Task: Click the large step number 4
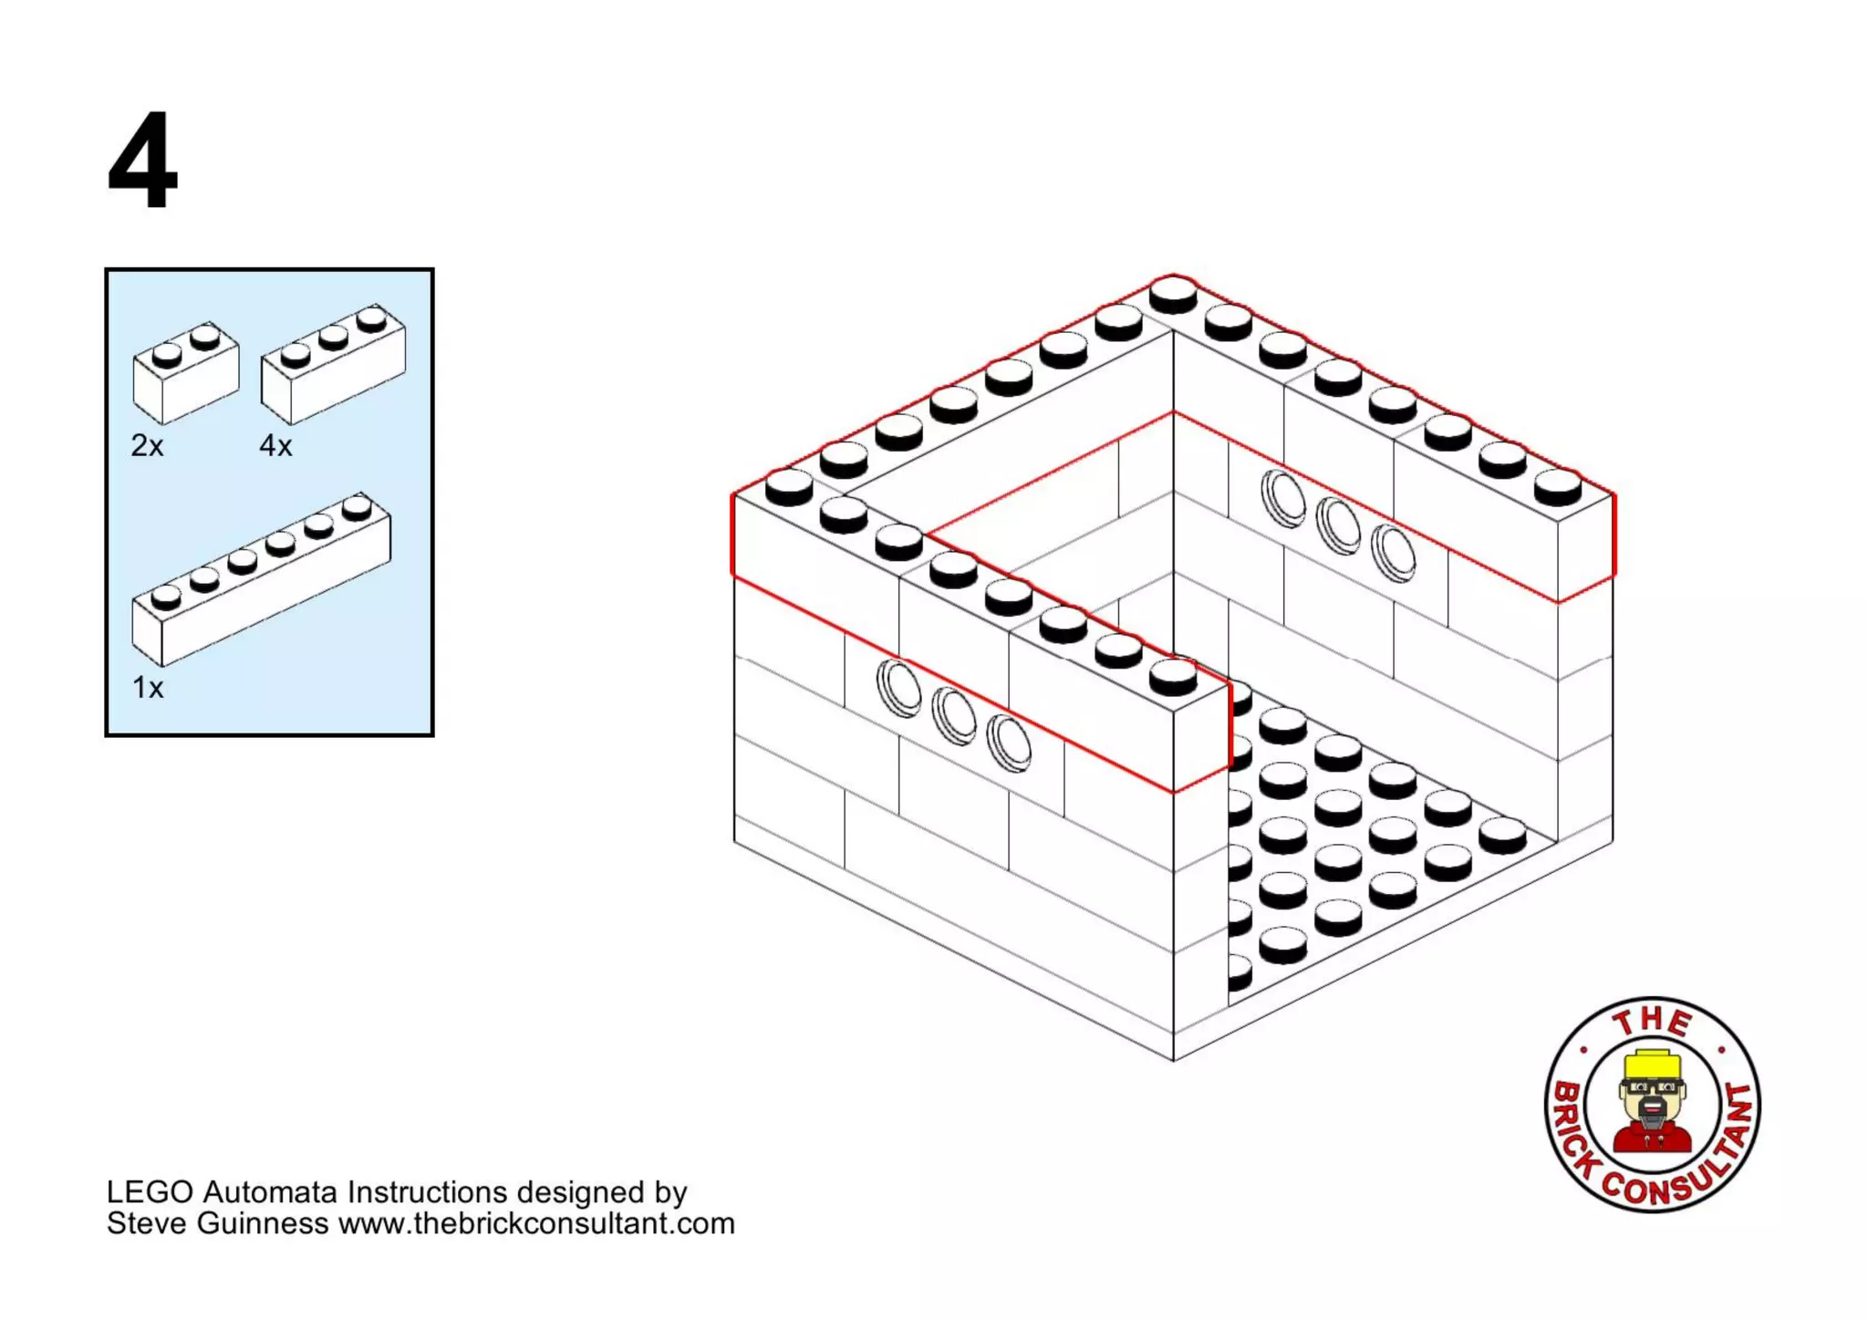click(x=143, y=162)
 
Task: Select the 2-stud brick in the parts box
click(x=186, y=374)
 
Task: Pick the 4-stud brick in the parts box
click(x=333, y=365)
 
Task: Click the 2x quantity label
click(x=147, y=446)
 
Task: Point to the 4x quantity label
click(x=275, y=446)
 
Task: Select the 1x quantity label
click(x=147, y=688)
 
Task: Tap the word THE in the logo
click(x=1652, y=1022)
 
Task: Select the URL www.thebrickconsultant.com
click(x=536, y=1223)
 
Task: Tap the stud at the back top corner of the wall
click(x=1173, y=294)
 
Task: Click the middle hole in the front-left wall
click(x=954, y=715)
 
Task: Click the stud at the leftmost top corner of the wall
click(x=789, y=486)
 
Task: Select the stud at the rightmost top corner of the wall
click(x=1557, y=486)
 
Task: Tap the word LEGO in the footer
click(x=150, y=1192)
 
